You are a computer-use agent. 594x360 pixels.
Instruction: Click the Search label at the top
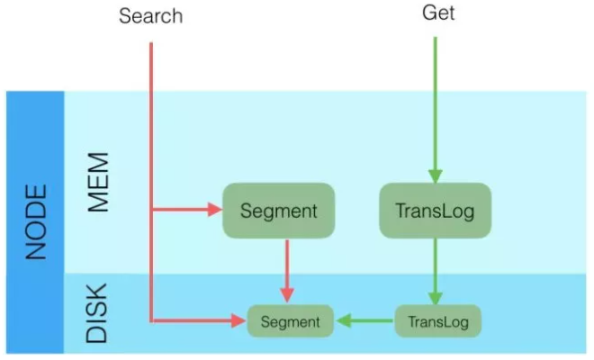[151, 16]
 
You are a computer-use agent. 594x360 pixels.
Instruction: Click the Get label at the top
[438, 13]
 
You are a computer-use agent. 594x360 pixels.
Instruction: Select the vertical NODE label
[36, 222]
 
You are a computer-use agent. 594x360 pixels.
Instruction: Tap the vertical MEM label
[98, 183]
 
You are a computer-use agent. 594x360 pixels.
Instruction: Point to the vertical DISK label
[97, 313]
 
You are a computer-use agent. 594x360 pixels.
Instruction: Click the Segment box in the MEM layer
[278, 211]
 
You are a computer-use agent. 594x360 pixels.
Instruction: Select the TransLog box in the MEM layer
[436, 211]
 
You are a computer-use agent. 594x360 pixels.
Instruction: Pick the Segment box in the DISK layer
[290, 321]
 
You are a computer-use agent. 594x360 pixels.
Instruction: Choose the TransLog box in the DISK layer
[438, 321]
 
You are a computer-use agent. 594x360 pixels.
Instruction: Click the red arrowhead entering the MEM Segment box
[215, 209]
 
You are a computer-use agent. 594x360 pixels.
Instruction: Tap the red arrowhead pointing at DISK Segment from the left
[238, 321]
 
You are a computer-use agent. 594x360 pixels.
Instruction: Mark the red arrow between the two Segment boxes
[287, 271]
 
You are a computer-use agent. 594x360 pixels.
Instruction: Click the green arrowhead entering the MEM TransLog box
[436, 176]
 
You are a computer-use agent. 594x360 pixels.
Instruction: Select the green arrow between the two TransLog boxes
[436, 271]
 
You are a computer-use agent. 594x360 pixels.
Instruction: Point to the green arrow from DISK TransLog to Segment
[364, 321]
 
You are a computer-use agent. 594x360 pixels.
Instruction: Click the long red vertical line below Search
[151, 183]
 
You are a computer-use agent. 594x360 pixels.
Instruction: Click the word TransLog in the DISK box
[438, 321]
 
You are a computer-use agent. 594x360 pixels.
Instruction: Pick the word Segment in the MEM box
[279, 211]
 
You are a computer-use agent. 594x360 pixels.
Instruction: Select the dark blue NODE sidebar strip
[35, 222]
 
